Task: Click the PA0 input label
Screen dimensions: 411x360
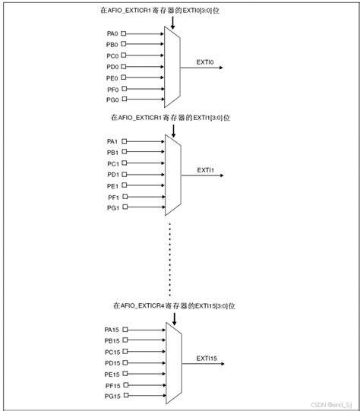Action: tap(112, 33)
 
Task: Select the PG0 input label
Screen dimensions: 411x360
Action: tap(112, 100)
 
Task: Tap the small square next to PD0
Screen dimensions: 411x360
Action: tap(124, 67)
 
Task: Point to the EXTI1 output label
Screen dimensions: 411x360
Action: tap(207, 169)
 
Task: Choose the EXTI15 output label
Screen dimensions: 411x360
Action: tap(207, 357)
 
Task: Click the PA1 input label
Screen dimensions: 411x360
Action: tap(112, 142)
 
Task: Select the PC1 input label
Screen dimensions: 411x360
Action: tap(112, 164)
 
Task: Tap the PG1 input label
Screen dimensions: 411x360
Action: tap(112, 207)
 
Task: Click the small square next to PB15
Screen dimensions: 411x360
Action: tap(125, 341)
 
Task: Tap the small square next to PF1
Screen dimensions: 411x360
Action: tap(124, 197)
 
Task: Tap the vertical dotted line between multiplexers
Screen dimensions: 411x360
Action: tap(170, 258)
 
